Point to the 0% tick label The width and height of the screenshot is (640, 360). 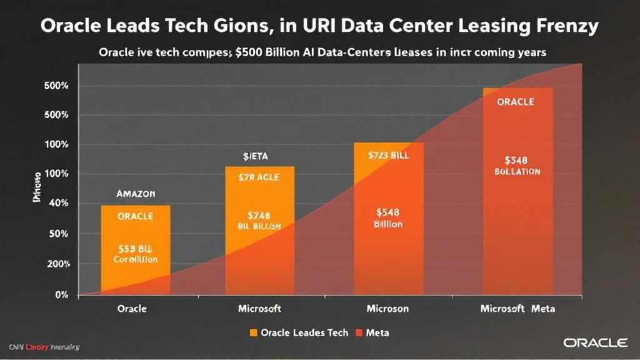point(61,294)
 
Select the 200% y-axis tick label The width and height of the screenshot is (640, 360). point(57,264)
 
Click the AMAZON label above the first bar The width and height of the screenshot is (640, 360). point(136,194)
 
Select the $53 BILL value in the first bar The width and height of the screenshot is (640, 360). point(135,248)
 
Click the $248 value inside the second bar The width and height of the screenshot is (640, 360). point(259,215)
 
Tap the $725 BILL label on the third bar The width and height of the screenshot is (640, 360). point(388,154)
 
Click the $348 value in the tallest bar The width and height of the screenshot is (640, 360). point(517,159)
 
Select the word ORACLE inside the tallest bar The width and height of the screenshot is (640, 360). point(516,102)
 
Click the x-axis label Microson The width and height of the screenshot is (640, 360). point(388,309)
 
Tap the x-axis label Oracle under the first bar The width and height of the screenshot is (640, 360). point(132,309)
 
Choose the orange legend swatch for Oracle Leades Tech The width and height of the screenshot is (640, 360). point(253,332)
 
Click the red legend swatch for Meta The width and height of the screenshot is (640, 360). point(359,332)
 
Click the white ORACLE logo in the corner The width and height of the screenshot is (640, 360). point(595,342)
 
